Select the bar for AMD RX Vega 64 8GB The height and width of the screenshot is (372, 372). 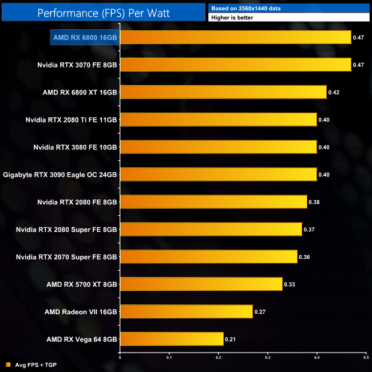pos(172,339)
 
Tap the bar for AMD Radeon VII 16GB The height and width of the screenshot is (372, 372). pos(187,311)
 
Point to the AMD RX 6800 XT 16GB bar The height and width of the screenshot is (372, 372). pos(223,92)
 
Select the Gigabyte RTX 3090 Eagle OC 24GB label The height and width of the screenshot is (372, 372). pos(60,174)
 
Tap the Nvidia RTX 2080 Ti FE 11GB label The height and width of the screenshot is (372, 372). pos(71,120)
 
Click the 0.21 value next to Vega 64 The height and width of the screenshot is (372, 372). pos(230,339)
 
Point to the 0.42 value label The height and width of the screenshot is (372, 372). pos(333,92)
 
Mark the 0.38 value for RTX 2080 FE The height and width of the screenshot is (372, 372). pos(314,202)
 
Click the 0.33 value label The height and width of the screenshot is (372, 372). pos(289,284)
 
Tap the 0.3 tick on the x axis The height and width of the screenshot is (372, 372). pos(268,358)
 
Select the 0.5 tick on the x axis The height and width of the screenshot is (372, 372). pos(366,358)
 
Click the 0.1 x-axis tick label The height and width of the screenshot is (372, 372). pos(169,358)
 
